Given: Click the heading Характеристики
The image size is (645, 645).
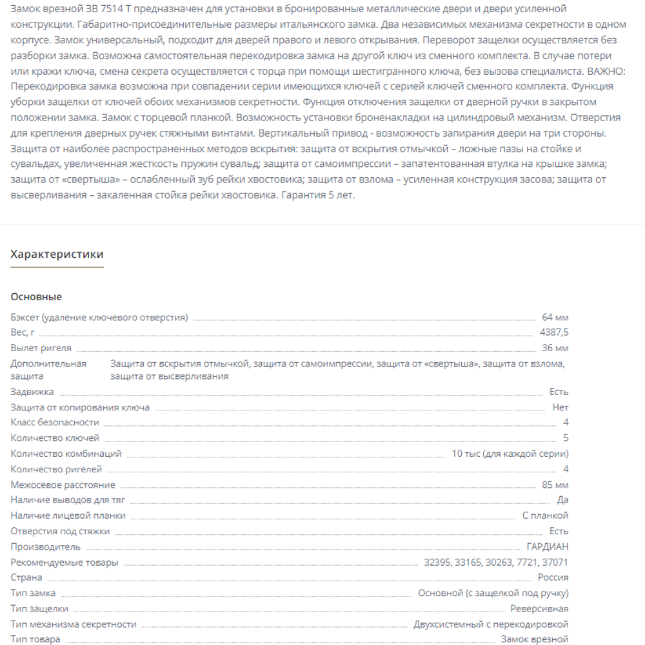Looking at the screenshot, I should click(57, 255).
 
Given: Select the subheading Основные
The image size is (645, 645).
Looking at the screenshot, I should click(36, 297).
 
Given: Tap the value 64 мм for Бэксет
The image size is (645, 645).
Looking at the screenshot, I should click(555, 317).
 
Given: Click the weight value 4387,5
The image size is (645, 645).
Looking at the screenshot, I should click(554, 332).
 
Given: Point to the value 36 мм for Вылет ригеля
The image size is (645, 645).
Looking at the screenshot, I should click(555, 348).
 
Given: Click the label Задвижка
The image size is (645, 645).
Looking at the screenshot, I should click(32, 392).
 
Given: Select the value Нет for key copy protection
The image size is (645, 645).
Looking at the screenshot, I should click(561, 407).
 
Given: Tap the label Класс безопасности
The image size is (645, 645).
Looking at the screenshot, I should click(55, 423).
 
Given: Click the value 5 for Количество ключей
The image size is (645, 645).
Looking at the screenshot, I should click(566, 438).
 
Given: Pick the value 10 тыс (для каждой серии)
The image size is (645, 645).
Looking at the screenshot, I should click(510, 454).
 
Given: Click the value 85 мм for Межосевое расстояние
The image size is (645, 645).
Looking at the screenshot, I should click(555, 485).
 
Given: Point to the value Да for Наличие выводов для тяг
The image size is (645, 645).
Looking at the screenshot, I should click(562, 500).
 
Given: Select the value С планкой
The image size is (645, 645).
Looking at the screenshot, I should click(545, 515).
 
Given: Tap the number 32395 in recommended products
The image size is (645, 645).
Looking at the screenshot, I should click(437, 562).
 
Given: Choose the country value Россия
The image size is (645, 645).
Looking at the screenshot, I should click(553, 577).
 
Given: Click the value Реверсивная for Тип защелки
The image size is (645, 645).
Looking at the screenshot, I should click(539, 608).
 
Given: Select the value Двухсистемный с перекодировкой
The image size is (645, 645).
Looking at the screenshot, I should click(491, 624).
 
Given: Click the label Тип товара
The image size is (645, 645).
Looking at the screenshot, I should click(35, 639).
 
